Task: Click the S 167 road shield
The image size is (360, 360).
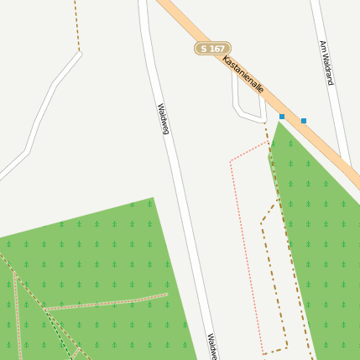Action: click(x=212, y=49)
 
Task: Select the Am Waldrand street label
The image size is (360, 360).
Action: click(x=326, y=63)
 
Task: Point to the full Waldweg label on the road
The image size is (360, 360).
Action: click(x=164, y=118)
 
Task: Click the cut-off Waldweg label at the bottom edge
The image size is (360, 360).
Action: click(x=212, y=347)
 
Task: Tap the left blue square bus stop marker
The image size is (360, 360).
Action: click(x=282, y=117)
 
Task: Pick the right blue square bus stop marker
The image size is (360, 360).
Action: click(x=304, y=121)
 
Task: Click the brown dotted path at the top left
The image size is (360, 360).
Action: click(x=76, y=25)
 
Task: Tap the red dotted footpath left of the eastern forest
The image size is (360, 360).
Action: click(x=243, y=243)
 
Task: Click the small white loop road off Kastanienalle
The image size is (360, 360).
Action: click(x=238, y=105)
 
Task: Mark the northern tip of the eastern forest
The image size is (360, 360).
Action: click(x=279, y=123)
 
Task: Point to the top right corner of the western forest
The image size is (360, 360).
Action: click(x=153, y=199)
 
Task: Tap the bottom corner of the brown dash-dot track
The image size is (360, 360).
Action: click(x=286, y=345)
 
